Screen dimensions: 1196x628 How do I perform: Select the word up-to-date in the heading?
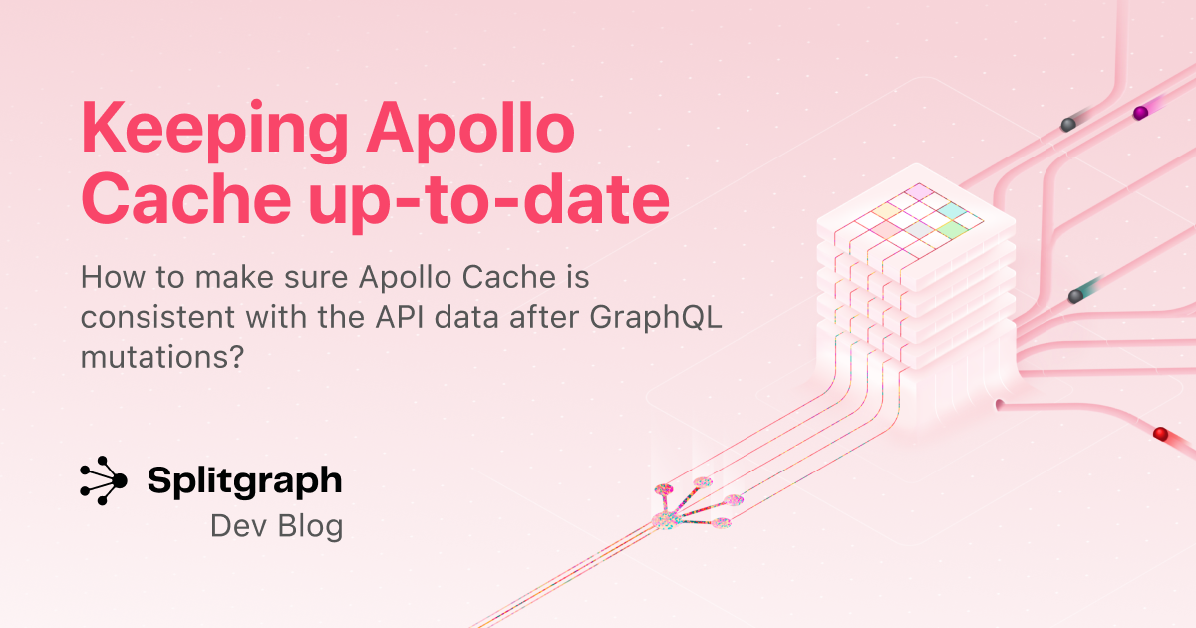coord(488,201)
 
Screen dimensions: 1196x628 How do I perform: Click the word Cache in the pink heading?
coord(185,198)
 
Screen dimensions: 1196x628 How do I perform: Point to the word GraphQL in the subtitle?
coord(655,318)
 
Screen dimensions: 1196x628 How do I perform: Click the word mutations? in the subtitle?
coord(162,357)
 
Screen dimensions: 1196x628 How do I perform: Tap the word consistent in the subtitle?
coord(157,317)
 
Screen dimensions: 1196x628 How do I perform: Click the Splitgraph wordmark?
coord(244,481)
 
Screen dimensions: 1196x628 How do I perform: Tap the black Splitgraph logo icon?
coord(103,480)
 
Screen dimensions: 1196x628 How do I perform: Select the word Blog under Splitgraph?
coord(310,526)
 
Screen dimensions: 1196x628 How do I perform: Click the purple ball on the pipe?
coord(1140,113)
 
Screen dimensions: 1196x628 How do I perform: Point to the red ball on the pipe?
coord(1161,433)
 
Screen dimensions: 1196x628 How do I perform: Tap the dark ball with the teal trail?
coord(1075,296)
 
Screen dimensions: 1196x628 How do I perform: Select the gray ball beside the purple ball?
coord(1068,125)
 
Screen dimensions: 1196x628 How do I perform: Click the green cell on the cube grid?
coord(953,229)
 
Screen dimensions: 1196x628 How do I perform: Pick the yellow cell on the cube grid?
coord(886,211)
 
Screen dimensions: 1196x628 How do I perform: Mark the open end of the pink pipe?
coord(1000,405)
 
